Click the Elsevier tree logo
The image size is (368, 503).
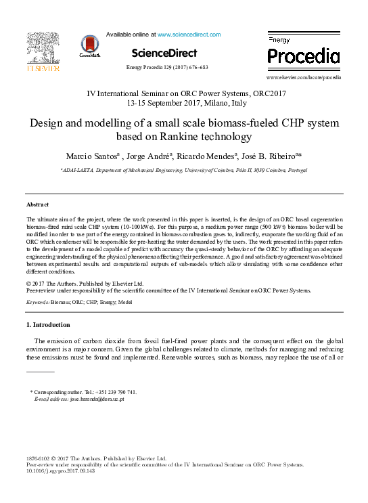click(43, 47)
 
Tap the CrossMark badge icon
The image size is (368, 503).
click(88, 45)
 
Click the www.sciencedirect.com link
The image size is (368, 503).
click(189, 34)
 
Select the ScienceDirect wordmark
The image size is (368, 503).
click(164, 53)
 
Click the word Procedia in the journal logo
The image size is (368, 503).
click(304, 55)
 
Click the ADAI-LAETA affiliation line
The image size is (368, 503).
click(184, 172)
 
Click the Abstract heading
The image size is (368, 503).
click(37, 204)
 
